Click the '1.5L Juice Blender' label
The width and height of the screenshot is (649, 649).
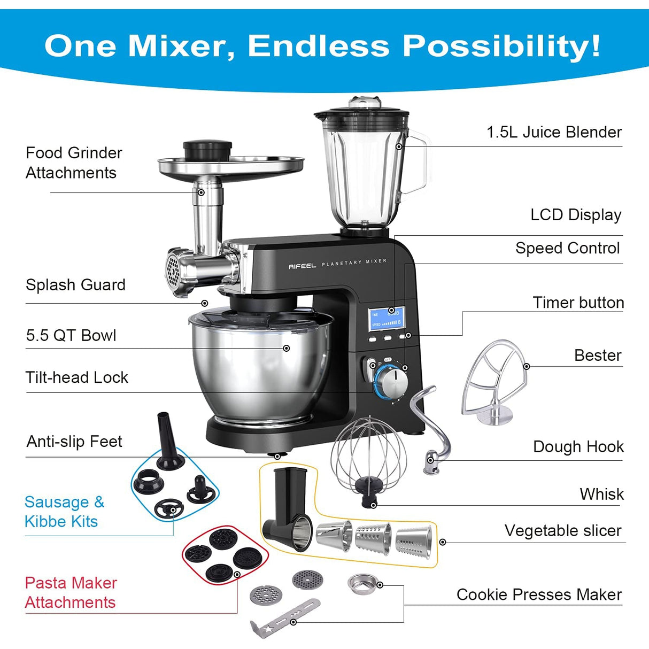tap(554, 132)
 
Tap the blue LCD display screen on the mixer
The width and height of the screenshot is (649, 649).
tap(386, 318)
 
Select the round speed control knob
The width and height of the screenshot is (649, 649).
tap(392, 383)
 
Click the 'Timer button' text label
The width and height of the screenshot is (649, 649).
tap(578, 303)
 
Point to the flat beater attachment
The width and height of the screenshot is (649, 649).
tap(494, 382)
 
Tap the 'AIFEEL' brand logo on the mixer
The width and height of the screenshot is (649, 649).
tap(302, 266)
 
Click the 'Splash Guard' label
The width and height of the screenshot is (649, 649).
tap(76, 285)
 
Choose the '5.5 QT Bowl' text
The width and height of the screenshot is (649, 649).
tap(71, 335)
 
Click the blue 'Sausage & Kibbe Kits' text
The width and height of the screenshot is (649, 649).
tap(64, 512)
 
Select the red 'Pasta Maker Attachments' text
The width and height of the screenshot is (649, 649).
tap(71, 592)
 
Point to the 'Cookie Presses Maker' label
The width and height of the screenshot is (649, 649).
tap(539, 594)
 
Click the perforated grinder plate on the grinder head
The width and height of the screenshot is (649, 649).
tap(173, 271)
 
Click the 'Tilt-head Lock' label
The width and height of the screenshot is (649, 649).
tap(77, 377)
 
